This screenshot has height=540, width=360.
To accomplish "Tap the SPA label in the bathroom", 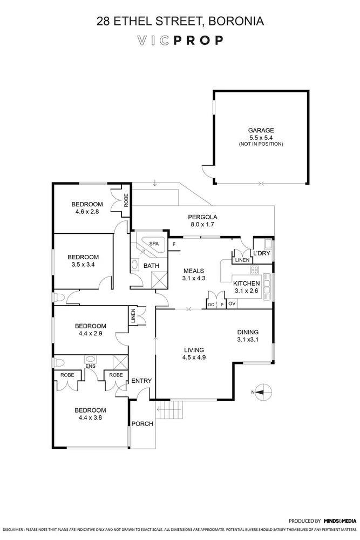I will [154, 245].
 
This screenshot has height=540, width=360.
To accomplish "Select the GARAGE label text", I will [261, 130].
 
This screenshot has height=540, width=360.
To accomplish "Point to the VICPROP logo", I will [180, 40].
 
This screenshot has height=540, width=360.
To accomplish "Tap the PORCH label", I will [142, 424].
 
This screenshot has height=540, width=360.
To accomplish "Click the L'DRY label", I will [261, 254].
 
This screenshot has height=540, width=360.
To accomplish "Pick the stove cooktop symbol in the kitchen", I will [253, 269].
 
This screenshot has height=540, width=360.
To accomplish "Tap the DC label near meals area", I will [211, 304].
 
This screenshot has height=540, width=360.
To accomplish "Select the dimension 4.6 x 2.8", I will [87, 212].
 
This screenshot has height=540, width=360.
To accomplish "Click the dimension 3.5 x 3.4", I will [83, 265].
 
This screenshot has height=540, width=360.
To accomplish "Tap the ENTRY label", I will [142, 381].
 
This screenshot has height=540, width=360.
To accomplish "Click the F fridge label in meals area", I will [174, 245].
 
